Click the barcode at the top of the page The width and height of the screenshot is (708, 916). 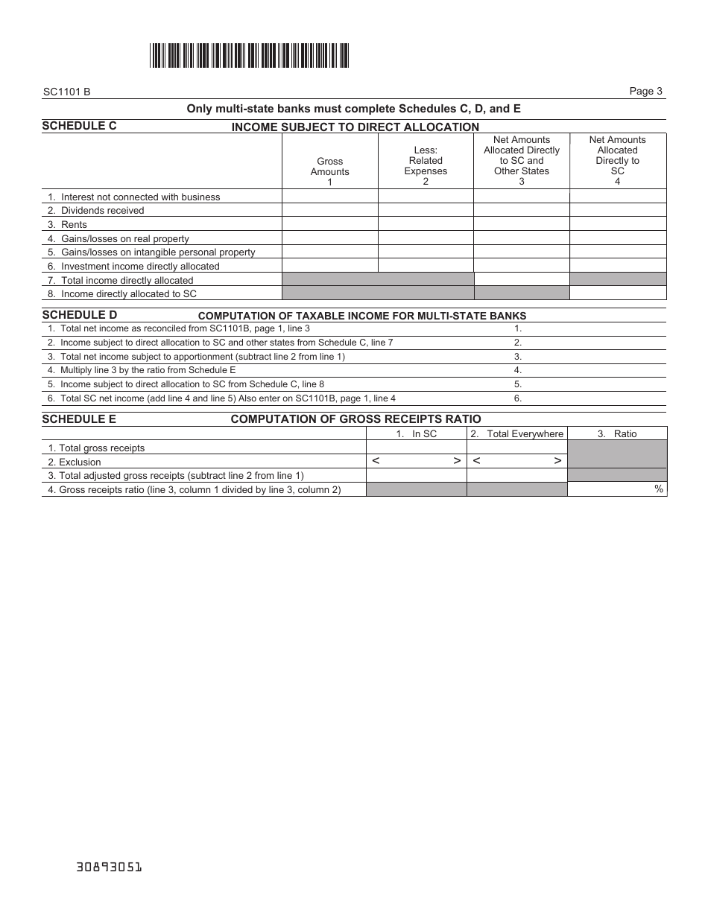249,56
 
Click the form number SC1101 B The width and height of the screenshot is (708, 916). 66,92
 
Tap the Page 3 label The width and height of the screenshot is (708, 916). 645,92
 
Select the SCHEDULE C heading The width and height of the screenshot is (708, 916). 79,126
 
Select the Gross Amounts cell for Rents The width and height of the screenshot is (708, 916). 329,224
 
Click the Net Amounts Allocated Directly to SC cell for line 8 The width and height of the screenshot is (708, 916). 618,293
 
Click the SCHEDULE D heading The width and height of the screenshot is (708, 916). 79,315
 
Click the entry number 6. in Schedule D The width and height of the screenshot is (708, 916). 518,398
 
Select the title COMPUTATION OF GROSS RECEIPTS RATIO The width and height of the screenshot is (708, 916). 355,419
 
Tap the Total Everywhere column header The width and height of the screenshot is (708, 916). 517,433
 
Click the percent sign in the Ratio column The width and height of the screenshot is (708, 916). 659,489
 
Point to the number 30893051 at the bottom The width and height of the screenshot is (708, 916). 109,868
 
